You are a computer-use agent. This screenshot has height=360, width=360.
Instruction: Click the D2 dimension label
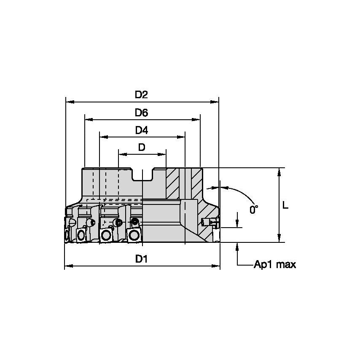click(x=141, y=95)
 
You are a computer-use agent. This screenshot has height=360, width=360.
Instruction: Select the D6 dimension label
click(x=141, y=113)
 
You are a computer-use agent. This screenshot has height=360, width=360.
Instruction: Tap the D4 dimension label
click(x=141, y=131)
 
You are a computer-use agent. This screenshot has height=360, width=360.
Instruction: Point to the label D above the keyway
click(x=142, y=147)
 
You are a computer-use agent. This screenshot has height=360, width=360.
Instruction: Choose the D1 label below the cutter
click(x=141, y=260)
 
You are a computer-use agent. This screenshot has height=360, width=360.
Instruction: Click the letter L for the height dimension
click(x=285, y=205)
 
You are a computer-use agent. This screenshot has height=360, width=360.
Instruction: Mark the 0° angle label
click(x=253, y=209)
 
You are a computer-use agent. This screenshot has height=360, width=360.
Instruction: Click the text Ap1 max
click(x=274, y=265)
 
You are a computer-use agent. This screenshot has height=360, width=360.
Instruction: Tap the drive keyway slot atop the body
click(x=142, y=174)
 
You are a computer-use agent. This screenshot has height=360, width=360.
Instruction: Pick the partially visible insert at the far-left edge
click(x=67, y=234)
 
